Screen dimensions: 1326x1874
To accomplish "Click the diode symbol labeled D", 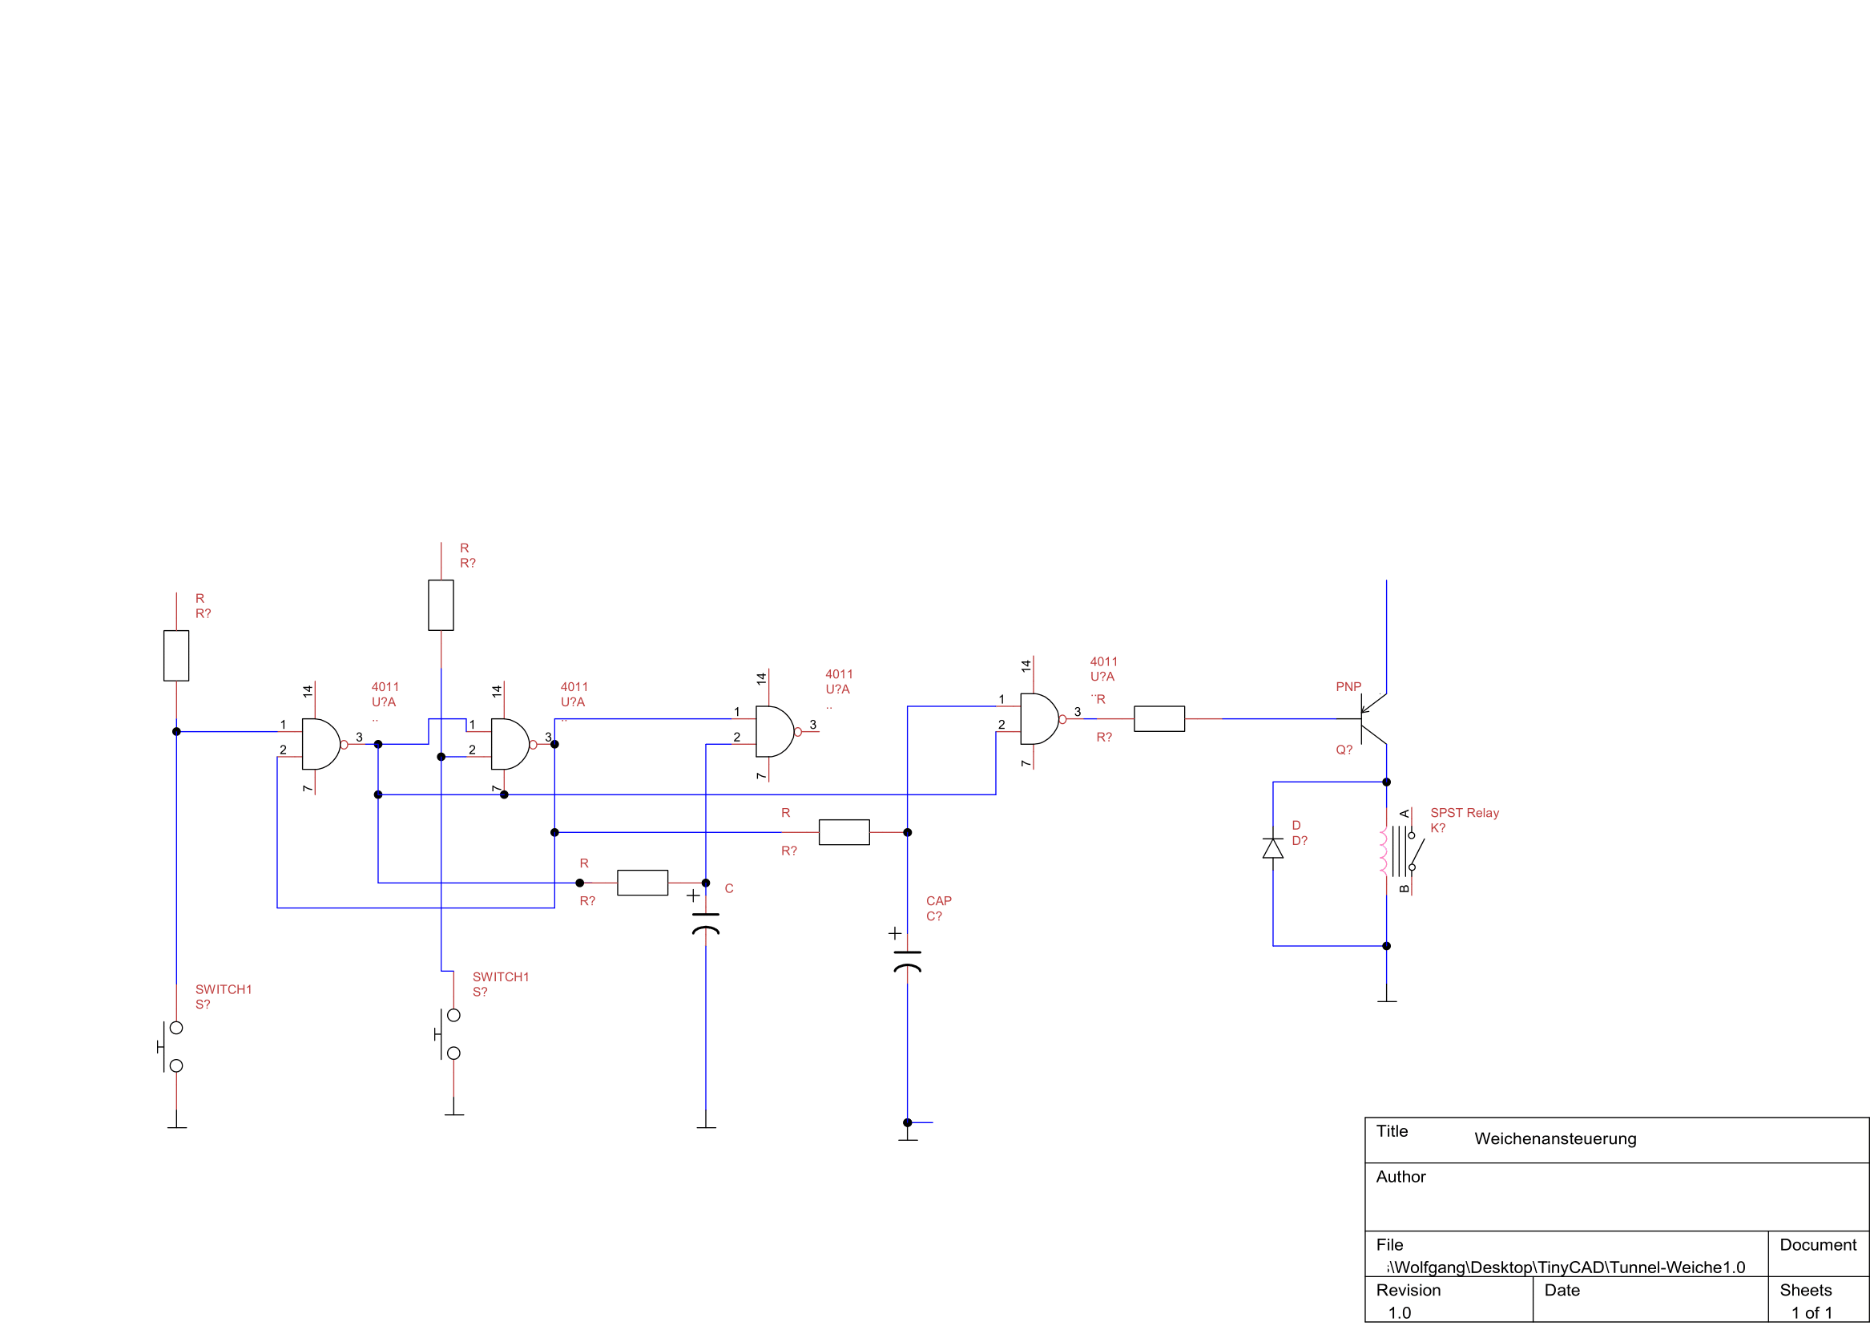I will [1272, 848].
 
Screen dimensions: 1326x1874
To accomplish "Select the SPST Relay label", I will [1465, 813].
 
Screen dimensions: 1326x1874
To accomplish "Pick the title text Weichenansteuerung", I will [1555, 1139].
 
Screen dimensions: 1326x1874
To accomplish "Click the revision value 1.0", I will [1399, 1313].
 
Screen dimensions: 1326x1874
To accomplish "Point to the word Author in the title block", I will [1400, 1177].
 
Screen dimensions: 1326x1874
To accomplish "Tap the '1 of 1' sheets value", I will [1812, 1313].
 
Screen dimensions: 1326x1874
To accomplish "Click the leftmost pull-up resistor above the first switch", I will [176, 655].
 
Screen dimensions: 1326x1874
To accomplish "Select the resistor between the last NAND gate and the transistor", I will [1159, 718].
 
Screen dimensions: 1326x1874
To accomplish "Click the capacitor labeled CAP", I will [907, 960].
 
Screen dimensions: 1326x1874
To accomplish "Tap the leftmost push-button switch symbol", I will [171, 1046].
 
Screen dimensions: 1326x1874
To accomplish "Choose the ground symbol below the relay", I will [1386, 1000].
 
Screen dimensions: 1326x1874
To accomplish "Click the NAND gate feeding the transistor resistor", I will [1038, 718].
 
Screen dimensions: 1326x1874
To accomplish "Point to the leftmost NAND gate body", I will [320, 744].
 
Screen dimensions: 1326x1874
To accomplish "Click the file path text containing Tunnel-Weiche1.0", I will [1566, 1267].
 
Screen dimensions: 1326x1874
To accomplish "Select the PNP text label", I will [1348, 687].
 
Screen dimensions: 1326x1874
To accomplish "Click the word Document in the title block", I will [1818, 1245].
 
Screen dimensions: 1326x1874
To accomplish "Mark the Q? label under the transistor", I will [1344, 750].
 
